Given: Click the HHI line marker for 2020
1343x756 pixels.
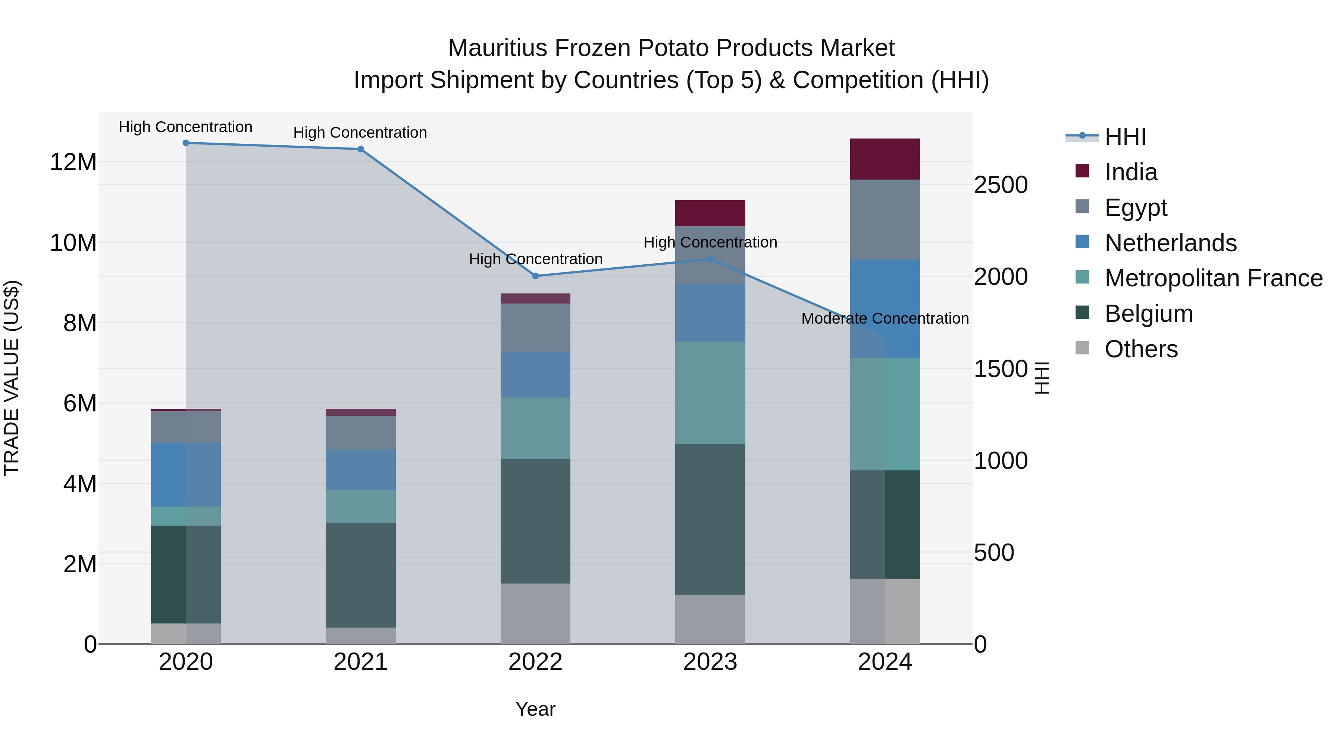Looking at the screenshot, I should [x=186, y=143].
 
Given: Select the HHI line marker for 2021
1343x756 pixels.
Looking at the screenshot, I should [x=360, y=149].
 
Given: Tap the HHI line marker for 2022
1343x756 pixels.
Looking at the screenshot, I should [x=535, y=276].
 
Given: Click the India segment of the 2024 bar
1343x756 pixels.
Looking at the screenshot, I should [x=885, y=159].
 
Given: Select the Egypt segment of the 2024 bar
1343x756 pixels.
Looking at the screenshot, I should [x=885, y=219].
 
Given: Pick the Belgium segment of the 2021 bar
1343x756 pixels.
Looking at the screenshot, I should [x=360, y=575].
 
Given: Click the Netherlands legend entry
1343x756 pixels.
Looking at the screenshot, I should [x=1170, y=243].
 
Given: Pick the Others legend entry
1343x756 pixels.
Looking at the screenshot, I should [x=1141, y=349].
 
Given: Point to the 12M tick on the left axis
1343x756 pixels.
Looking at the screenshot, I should [x=73, y=162].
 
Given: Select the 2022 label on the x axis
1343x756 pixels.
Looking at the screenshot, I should [x=535, y=662].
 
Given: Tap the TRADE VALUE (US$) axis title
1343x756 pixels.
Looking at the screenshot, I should [x=12, y=378].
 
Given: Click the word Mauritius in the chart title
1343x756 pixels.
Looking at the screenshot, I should [x=497, y=48].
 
